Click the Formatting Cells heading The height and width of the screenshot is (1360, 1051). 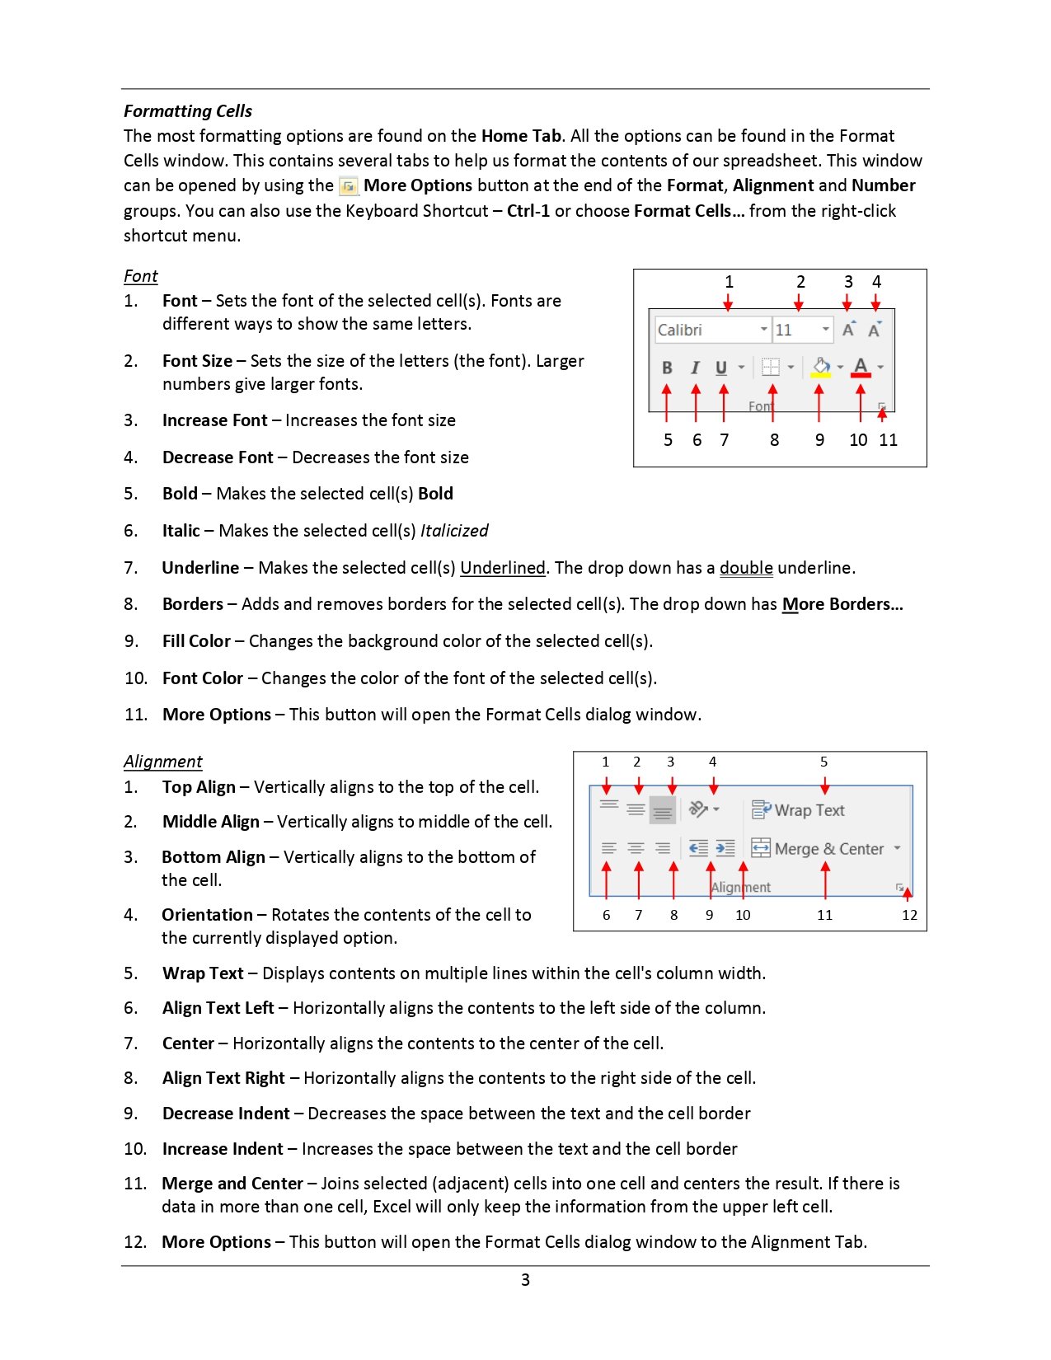[188, 111]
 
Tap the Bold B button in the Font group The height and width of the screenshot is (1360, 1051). [667, 368]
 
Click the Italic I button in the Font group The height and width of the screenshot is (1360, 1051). [695, 368]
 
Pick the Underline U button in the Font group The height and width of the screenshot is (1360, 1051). [721, 368]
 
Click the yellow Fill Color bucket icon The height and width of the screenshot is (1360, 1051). [821, 367]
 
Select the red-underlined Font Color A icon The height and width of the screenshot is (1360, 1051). [861, 367]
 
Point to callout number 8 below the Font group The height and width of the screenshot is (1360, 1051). [774, 440]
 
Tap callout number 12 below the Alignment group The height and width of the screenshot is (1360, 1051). [909, 915]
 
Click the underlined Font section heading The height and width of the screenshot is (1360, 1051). [141, 276]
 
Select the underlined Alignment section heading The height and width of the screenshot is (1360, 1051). [163, 762]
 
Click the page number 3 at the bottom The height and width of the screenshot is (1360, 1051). [525, 1280]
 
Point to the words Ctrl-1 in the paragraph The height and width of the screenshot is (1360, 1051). [528, 211]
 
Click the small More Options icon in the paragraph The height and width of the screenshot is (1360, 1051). [349, 186]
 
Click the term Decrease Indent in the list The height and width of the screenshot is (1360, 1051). [226, 1114]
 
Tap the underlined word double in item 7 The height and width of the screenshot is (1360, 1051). [746, 568]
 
